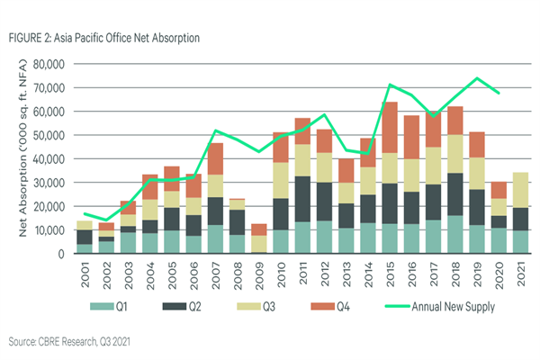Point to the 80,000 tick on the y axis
50,65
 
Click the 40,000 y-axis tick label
50,159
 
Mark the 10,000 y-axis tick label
50,230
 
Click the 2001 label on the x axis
84,271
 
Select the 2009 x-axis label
258,271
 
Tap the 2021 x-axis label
520,271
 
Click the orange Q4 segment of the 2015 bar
390,127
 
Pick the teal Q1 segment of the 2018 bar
455,235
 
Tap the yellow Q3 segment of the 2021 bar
520,190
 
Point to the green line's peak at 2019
477,78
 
